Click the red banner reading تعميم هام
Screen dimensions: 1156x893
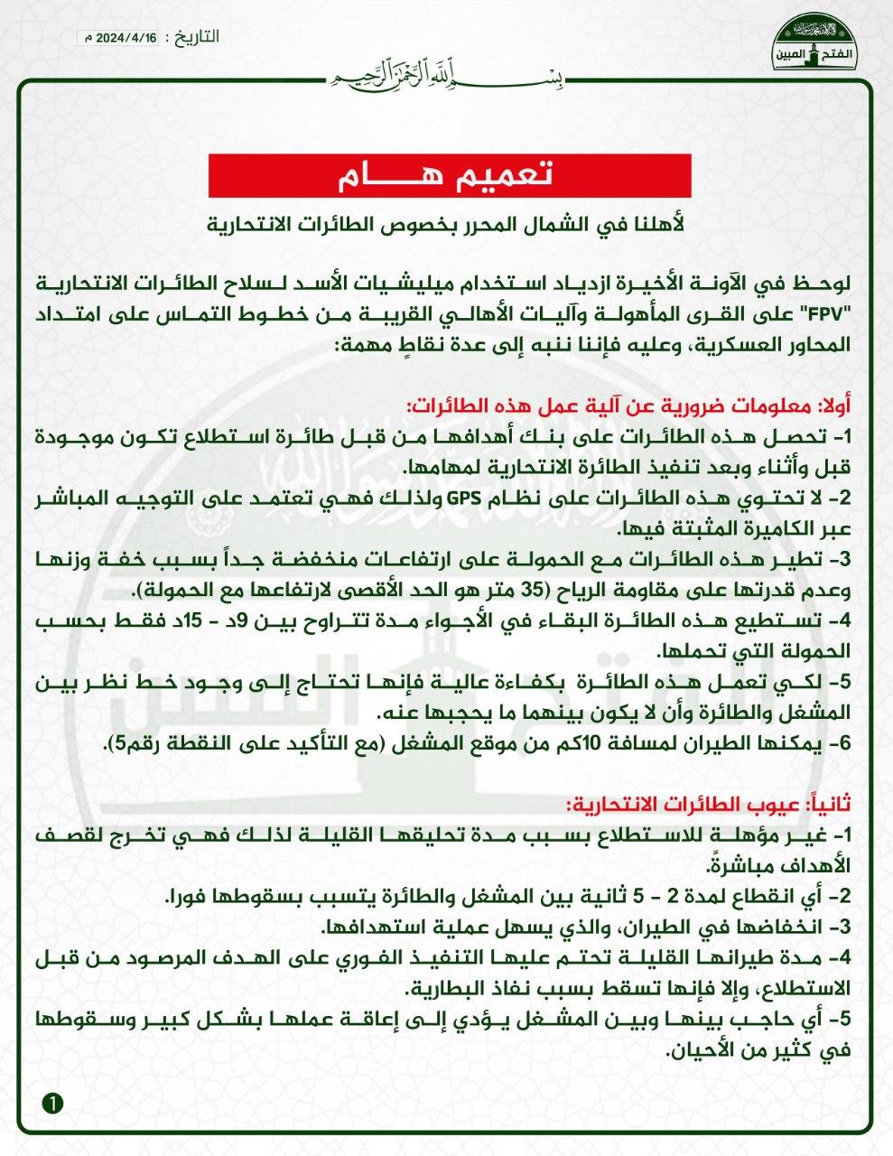pyautogui.click(x=450, y=175)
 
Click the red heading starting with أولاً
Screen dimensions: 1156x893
pyautogui.click(x=631, y=406)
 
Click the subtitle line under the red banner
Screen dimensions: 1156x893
pyautogui.click(x=449, y=222)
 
